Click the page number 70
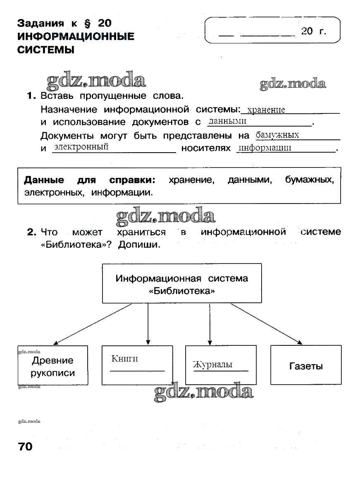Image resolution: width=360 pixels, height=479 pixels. pyautogui.click(x=25, y=446)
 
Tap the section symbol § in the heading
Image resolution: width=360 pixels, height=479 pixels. pyautogui.click(x=88, y=23)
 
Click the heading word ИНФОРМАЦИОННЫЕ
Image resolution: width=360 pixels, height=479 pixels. pyautogui.click(x=76, y=36)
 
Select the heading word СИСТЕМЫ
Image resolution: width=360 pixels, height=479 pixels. pyautogui.click(x=46, y=50)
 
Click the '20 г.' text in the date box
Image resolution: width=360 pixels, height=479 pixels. pyautogui.click(x=314, y=31)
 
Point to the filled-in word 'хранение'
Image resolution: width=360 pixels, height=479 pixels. pyautogui.click(x=266, y=110)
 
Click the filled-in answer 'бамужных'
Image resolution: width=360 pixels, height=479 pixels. pyautogui.click(x=277, y=135)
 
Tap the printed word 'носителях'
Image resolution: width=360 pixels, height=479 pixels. pyautogui.click(x=206, y=148)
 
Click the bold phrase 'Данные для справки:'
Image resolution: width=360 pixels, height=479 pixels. pyautogui.click(x=89, y=180)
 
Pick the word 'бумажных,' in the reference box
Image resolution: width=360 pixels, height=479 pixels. pyautogui.click(x=309, y=180)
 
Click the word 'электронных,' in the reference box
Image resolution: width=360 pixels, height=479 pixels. pyautogui.click(x=54, y=193)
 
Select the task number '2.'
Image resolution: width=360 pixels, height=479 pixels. pyautogui.click(x=32, y=232)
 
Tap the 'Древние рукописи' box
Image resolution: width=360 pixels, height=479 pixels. pyautogui.click(x=53, y=365)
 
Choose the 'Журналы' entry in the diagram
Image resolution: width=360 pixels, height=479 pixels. pyautogui.click(x=213, y=364)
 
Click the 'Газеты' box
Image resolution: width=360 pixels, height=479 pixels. pyautogui.click(x=306, y=365)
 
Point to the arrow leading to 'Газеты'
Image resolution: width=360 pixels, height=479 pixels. pyautogui.click(x=267, y=324)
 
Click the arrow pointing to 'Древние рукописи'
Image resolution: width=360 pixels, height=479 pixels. pyautogui.click(x=93, y=324)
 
